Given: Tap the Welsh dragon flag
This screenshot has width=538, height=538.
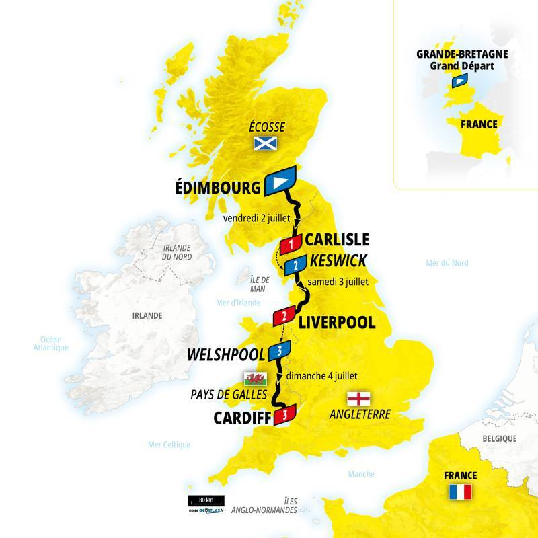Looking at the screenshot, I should pyautogui.click(x=257, y=378).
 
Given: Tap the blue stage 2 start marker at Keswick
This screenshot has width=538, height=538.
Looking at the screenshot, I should pyautogui.click(x=295, y=266).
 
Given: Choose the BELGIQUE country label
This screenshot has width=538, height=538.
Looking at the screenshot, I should pyautogui.click(x=498, y=438).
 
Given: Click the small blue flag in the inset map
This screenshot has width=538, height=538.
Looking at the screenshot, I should pyautogui.click(x=459, y=81).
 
